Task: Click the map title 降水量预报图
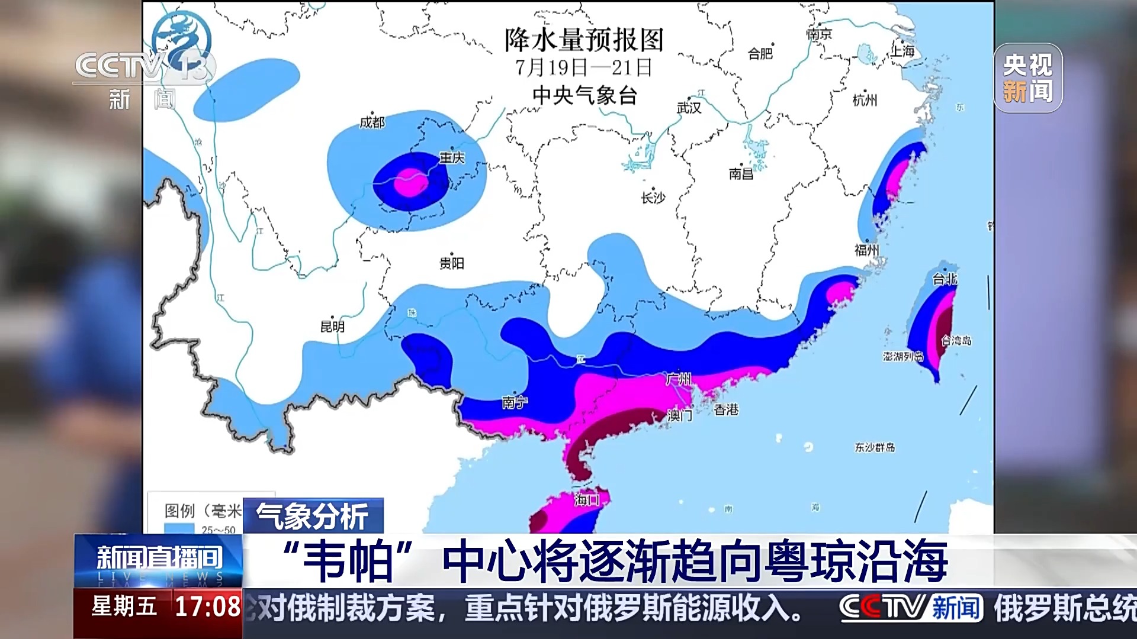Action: (584, 40)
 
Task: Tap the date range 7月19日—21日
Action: (584, 67)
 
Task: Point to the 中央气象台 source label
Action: (584, 95)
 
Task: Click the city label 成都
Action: (372, 122)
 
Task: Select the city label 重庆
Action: (452, 158)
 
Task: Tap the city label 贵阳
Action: (452, 263)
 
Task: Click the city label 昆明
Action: (332, 327)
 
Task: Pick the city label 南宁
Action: (514, 403)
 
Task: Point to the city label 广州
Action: (679, 379)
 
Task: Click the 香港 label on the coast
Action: (726, 409)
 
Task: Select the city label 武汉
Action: (689, 108)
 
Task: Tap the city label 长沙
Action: (653, 198)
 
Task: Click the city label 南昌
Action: (741, 174)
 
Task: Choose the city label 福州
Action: (866, 250)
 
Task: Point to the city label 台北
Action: (945, 279)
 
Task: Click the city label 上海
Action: (903, 51)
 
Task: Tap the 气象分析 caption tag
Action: (313, 516)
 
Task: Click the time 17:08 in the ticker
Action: (207, 606)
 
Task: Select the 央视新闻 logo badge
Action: (1027, 78)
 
